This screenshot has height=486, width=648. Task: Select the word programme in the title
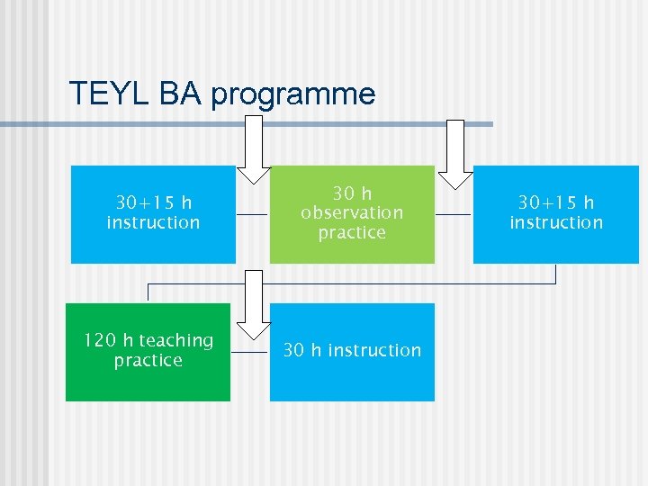[x=293, y=94]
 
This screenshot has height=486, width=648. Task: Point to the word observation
[x=352, y=213]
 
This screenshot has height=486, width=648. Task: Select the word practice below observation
[x=352, y=233]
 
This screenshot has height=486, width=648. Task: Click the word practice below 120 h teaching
[x=148, y=361]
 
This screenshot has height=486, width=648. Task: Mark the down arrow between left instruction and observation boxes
[x=253, y=157]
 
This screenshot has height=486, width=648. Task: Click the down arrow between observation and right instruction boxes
[x=454, y=157]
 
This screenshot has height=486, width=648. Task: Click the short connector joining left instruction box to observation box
[x=253, y=215]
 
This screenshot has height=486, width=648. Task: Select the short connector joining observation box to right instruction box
[x=454, y=215]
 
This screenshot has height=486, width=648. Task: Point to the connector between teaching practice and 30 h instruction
[x=249, y=352]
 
